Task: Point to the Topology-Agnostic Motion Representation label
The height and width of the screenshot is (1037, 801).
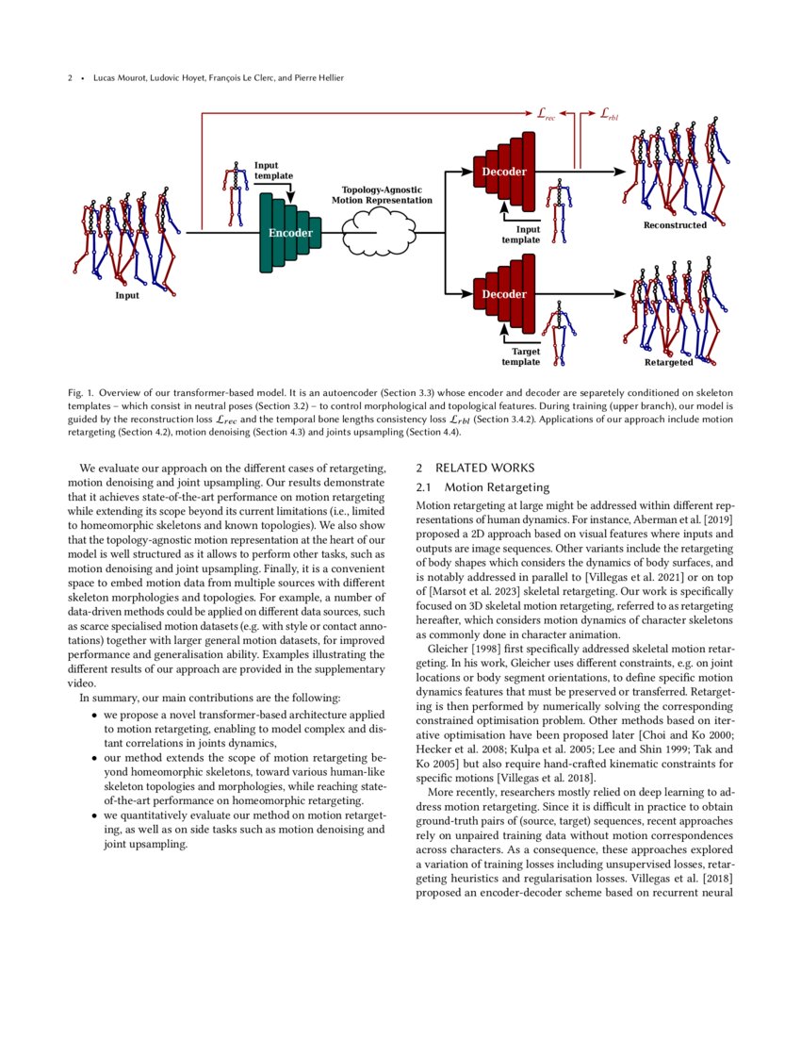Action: click(x=387, y=195)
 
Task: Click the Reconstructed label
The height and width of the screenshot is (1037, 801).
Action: click(x=675, y=225)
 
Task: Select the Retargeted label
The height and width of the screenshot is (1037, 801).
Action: click(x=669, y=362)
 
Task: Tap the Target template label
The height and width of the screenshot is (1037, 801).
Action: click(x=521, y=356)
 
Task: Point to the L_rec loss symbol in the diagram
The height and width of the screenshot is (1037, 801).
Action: click(x=546, y=114)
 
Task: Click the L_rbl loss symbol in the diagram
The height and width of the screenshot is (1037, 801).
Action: click(x=609, y=114)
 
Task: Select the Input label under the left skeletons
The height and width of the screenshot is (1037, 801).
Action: click(x=127, y=295)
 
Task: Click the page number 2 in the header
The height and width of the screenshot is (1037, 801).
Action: click(x=70, y=77)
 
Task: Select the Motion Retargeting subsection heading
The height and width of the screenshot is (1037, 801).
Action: click(x=497, y=487)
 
